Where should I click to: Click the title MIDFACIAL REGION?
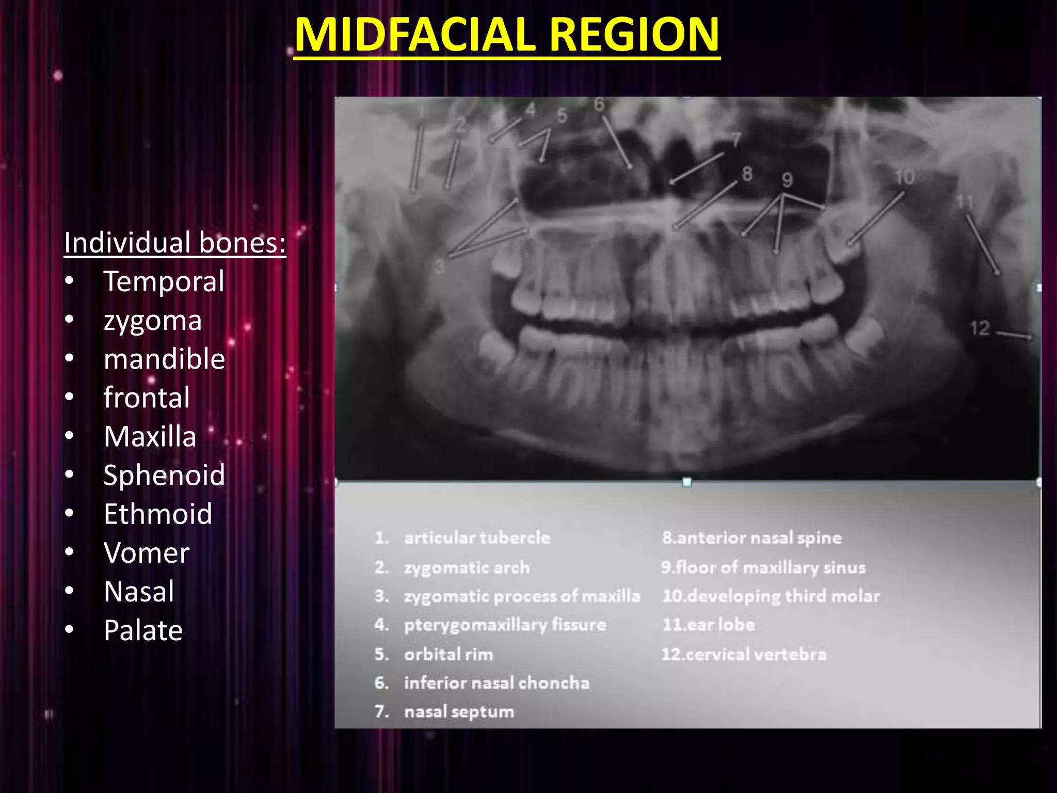[x=507, y=35]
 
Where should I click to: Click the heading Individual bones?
[x=175, y=243]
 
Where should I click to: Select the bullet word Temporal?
[x=164, y=282]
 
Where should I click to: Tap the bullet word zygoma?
[x=153, y=321]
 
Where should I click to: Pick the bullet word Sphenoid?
[x=164, y=475]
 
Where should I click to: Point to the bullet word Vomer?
[x=147, y=553]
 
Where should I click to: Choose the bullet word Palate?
[x=143, y=630]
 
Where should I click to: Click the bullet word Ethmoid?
[x=158, y=514]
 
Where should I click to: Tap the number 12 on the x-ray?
[x=979, y=328]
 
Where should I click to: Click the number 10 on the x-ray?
[x=904, y=177]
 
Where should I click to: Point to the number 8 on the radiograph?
[x=747, y=174]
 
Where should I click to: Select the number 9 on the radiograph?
[x=787, y=180]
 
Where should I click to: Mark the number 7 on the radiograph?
[x=735, y=139]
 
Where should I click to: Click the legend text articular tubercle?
[x=477, y=538]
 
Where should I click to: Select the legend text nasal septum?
[x=459, y=712]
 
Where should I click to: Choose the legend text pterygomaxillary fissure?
[x=505, y=625]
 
